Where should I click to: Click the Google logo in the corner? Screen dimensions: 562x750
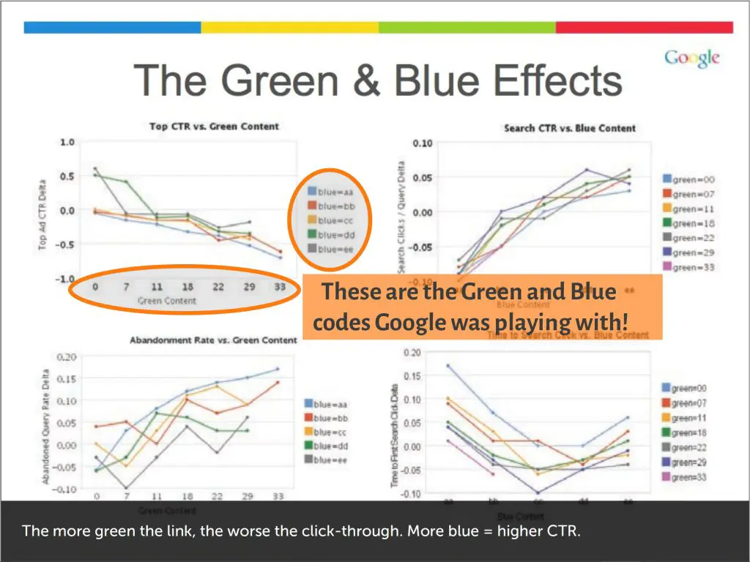691,59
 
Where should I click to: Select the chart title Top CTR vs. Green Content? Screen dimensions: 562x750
214,126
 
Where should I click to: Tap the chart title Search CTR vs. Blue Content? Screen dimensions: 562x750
570,128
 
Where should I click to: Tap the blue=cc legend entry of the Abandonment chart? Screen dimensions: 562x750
330,432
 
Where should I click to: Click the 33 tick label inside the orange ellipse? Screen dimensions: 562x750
281,287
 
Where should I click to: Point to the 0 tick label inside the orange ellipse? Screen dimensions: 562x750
95,287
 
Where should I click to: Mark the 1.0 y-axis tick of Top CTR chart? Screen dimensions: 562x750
67,142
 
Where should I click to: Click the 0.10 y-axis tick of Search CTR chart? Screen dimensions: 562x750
423,143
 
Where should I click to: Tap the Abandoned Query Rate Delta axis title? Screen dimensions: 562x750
45,426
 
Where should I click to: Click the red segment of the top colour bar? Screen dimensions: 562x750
644,27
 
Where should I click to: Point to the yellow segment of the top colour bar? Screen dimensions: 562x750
289,27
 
